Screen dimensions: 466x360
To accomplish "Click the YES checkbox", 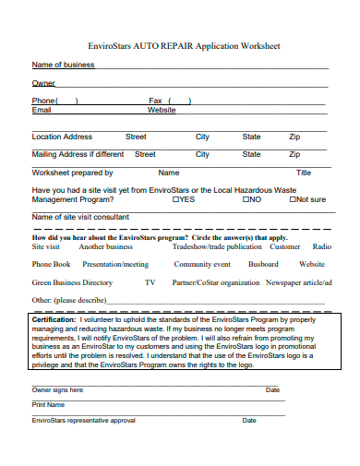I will point(174,199).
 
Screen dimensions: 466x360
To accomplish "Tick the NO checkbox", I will point(246,199).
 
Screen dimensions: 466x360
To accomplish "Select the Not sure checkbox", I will point(291,199).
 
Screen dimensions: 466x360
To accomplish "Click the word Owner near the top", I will point(43,83).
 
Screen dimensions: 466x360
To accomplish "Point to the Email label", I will point(42,110).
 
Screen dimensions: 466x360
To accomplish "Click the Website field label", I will point(162,110).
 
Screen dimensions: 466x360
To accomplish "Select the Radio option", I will point(322,247).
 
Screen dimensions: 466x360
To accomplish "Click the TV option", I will point(150,282).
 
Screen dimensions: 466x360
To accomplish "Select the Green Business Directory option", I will point(72,282).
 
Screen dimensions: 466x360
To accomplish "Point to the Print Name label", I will point(48,404).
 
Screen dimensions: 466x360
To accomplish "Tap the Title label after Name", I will point(304,173).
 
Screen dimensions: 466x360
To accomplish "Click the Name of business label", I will point(64,65).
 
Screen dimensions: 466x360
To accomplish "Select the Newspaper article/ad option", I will point(299,282).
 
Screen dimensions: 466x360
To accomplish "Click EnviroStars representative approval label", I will point(84,420).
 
